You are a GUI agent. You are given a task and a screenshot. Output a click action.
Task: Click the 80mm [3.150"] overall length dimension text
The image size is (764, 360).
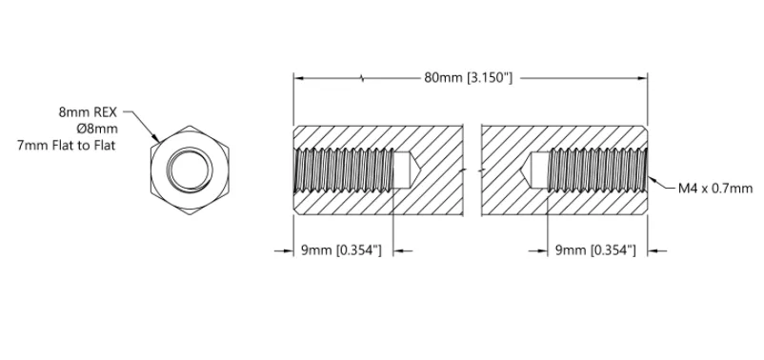(x=468, y=78)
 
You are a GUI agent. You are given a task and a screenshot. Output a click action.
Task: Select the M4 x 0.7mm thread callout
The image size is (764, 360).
(x=715, y=189)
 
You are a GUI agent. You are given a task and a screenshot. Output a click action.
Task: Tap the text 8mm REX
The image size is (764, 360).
(x=88, y=112)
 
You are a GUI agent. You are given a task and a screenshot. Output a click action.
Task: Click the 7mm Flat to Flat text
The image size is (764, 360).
(x=67, y=146)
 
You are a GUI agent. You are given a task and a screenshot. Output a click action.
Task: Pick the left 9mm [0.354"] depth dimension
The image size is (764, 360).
(x=341, y=250)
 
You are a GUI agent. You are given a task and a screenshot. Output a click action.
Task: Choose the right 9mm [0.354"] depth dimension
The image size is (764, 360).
(x=595, y=250)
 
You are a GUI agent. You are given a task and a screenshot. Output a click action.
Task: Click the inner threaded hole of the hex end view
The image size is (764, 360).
(x=190, y=170)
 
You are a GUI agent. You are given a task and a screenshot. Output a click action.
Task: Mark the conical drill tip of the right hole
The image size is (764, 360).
(x=525, y=170)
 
